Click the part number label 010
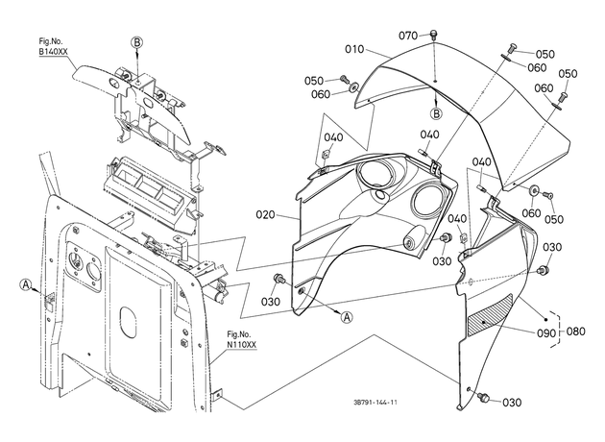coord(354,49)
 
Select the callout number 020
coord(265,214)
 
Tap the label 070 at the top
coord(408,36)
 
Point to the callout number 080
coord(575,331)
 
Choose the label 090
coord(546,333)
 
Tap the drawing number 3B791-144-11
coord(375,403)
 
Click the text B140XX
coord(53,53)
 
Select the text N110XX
coord(242,345)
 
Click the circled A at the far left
coord(25,284)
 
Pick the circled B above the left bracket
coord(136,42)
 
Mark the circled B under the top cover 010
coord(436,114)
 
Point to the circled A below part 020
coord(347,317)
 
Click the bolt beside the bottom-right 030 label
coord(483,397)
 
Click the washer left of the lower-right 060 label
coord(534,190)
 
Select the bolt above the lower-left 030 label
coord(278,278)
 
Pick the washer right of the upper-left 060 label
coord(352,87)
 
